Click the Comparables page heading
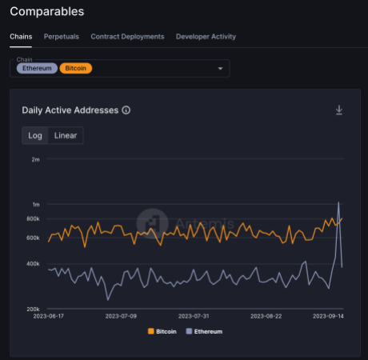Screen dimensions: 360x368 [46, 12]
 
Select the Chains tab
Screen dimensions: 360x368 [22, 37]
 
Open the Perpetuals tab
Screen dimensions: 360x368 [62, 37]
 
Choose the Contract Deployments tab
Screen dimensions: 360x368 [127, 37]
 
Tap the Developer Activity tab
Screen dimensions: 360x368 [206, 37]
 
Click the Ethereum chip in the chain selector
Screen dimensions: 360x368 [38, 69]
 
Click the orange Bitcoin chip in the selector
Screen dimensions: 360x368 [76, 69]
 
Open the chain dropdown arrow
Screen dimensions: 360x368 [220, 69]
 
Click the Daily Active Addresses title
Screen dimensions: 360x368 [70, 110]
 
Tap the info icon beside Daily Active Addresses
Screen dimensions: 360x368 [126, 110]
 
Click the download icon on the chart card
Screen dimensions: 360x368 [339, 110]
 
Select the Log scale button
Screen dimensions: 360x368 [35, 135]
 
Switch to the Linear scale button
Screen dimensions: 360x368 [66, 135]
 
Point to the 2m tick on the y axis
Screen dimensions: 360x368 [35, 160]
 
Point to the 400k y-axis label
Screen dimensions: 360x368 [32, 264]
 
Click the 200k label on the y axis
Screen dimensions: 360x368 [32, 309]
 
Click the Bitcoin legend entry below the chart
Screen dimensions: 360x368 [162, 331]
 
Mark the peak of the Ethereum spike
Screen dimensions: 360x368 [338, 202]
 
